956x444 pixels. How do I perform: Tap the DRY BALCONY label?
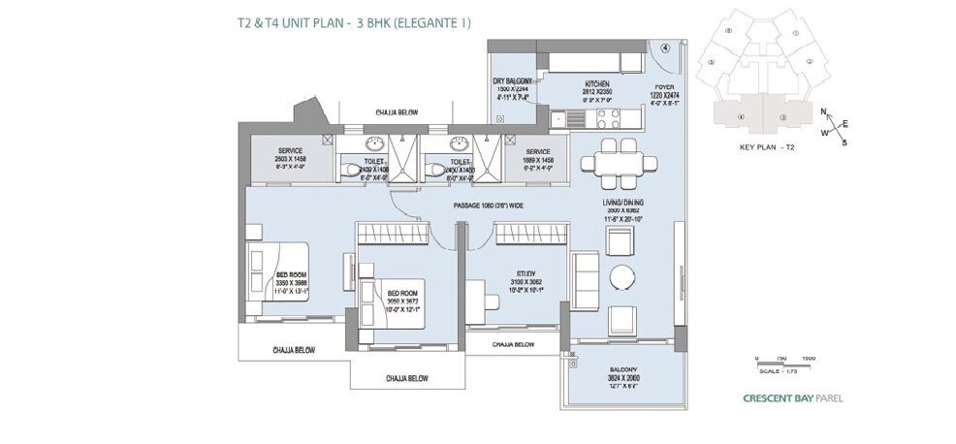click(x=513, y=81)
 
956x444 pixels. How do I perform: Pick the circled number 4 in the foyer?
click(x=665, y=47)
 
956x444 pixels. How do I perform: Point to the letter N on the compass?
click(x=824, y=111)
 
